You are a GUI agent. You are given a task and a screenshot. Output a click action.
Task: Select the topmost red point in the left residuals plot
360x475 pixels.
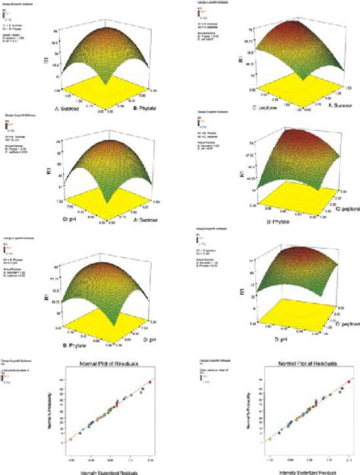tap(150, 382)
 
